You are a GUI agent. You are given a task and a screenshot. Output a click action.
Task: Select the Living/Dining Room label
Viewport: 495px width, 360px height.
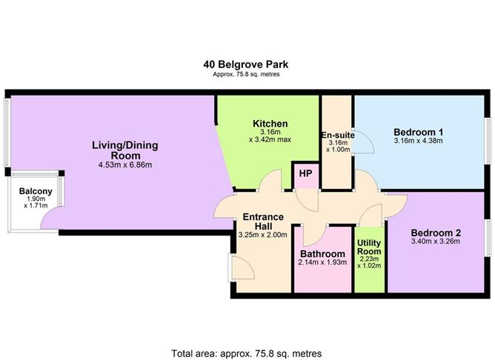[x=125, y=150]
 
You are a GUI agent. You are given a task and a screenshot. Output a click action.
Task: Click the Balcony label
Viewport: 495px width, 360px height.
[x=34, y=190]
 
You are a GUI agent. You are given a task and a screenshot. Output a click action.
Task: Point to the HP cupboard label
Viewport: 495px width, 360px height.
[x=305, y=173]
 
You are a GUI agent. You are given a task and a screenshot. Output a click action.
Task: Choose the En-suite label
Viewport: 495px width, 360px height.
[x=337, y=135]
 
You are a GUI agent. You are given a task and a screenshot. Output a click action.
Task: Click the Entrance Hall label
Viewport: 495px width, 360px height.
[x=263, y=221]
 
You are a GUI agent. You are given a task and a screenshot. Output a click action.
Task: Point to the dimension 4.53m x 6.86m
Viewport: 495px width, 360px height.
[x=125, y=165]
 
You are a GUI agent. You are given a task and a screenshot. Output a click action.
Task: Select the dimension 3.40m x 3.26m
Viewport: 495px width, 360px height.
[x=436, y=241]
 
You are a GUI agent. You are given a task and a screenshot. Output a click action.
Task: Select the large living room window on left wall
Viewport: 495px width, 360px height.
[x=7, y=133]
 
